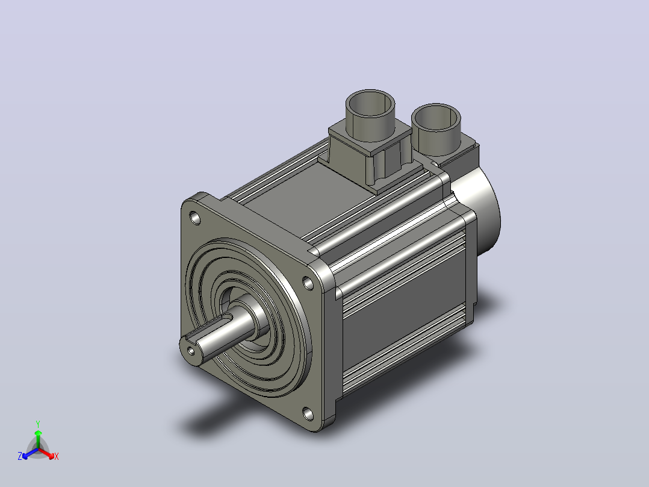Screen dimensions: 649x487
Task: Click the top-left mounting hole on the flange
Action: tap(194, 217)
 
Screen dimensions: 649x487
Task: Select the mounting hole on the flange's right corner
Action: tap(308, 283)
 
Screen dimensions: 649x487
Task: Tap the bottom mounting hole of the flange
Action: tap(308, 413)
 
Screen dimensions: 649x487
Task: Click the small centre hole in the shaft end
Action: tap(191, 351)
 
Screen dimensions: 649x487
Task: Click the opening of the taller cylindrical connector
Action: tap(370, 103)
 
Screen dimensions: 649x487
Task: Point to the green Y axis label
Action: tap(38, 424)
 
